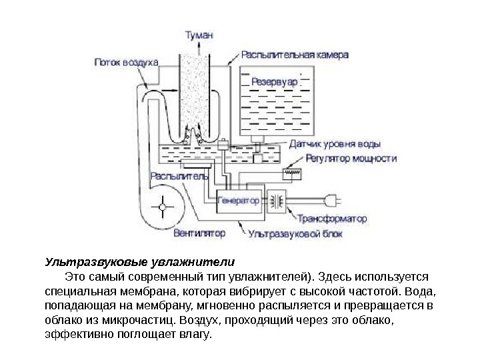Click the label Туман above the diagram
point(199,37)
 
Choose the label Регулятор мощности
point(351,159)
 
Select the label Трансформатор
point(332,218)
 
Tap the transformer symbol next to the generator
point(276,199)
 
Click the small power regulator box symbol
point(292,172)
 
